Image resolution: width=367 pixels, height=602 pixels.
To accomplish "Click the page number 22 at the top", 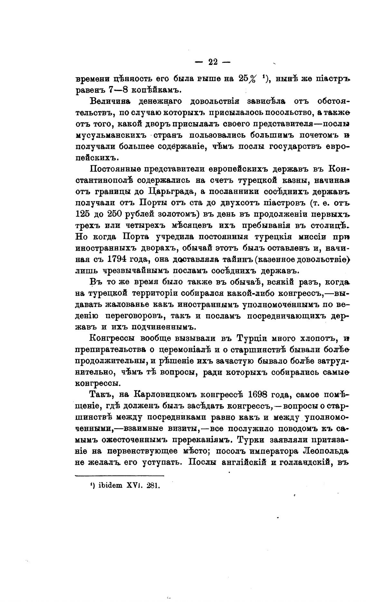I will click(x=213, y=62).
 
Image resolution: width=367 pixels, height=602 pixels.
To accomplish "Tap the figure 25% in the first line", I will click(x=249, y=79).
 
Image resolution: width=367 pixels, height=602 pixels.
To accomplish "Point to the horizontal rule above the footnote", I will click(x=119, y=476).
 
